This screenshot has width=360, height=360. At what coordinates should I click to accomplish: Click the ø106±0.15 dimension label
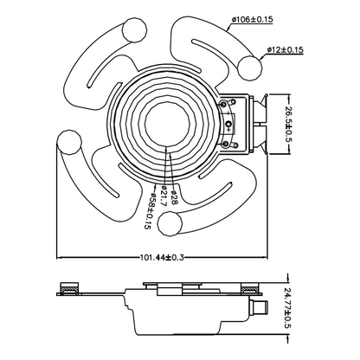click(x=253, y=20)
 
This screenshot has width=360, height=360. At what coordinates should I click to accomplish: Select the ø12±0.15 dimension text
click(x=285, y=49)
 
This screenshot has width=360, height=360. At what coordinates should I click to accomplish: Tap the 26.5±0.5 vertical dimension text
click(x=288, y=124)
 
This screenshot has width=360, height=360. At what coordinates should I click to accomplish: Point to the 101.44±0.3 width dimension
click(x=162, y=257)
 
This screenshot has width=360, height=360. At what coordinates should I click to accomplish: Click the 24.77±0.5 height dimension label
click(x=288, y=308)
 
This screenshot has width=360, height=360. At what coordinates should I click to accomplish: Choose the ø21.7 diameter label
click(x=162, y=196)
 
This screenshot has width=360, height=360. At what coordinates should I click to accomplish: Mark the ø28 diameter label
click(x=174, y=197)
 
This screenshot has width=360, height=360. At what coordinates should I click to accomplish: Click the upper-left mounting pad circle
click(x=134, y=30)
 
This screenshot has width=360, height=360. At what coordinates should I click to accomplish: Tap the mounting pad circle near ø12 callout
click(x=250, y=67)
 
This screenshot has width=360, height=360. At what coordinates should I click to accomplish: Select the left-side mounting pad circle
click(x=69, y=143)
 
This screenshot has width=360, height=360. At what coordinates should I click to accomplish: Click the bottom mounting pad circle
click(x=170, y=224)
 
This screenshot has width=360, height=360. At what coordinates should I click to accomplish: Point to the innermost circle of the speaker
click(x=167, y=124)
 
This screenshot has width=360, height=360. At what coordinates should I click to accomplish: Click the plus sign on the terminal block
click(x=228, y=130)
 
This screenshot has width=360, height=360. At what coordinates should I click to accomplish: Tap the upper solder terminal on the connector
click(x=223, y=104)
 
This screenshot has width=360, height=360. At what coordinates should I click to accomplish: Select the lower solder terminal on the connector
click(x=226, y=144)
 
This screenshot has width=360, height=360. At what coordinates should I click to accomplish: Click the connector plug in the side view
click(x=260, y=307)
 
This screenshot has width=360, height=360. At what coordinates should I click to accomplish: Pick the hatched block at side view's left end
click(x=69, y=288)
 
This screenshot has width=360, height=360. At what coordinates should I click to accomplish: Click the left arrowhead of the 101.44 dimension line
click(x=59, y=257)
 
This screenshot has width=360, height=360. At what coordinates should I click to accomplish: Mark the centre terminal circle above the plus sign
click(x=229, y=124)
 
